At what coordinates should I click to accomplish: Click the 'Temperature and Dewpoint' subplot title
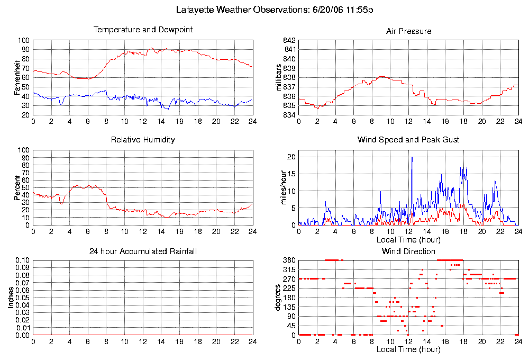[x=143, y=30]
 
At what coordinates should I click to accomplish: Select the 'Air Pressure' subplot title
[x=408, y=31]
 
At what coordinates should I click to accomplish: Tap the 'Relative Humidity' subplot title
[x=143, y=140]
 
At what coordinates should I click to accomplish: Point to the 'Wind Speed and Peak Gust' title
[x=408, y=140]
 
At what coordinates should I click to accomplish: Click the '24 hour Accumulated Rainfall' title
[x=143, y=251]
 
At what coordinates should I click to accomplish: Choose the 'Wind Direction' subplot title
[x=408, y=251]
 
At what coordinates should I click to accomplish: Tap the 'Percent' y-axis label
[x=17, y=187]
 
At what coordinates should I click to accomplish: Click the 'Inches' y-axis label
[x=11, y=298]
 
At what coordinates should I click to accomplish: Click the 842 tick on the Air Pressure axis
[x=289, y=40]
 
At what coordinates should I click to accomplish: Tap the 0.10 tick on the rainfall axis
[x=22, y=260]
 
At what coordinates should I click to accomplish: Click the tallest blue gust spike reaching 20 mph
[x=412, y=158]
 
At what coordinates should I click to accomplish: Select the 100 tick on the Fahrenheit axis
[x=23, y=40]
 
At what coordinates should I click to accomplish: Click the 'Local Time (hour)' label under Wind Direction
[x=408, y=349]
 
